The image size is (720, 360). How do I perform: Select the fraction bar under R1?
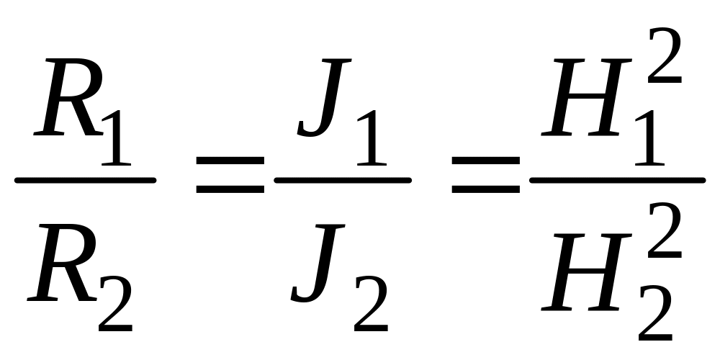coord(85,180)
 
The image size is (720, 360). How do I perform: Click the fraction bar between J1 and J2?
coord(343,179)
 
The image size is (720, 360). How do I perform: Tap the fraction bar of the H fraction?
coord(617,179)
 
